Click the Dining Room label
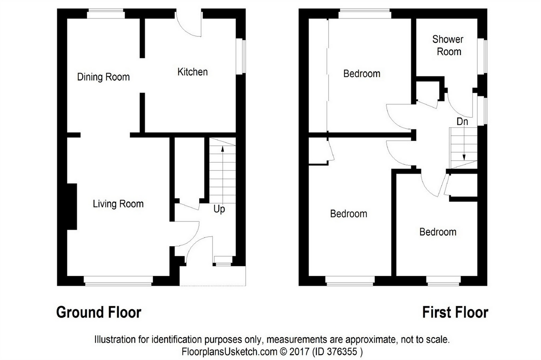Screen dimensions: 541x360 pos(103,77)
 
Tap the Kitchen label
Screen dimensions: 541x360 pos(192,72)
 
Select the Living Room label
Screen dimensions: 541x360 pos(118,204)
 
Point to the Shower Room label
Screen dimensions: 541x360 pos(448,46)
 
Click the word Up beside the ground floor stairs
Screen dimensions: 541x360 pos(219,209)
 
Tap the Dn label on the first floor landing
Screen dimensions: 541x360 pos(462,122)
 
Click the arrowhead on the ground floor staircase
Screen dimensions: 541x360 pos(222,149)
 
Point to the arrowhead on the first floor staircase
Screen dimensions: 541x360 pos(464,157)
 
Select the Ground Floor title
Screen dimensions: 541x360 pos(99,312)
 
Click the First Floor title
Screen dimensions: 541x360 pos(455,312)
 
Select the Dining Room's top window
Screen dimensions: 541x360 pos(106,14)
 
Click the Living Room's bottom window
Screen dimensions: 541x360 pos(118,281)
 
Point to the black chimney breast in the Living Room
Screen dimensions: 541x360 pos(72,207)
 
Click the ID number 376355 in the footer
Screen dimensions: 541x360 pos(342,352)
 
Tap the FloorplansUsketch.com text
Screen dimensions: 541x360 pos(230,352)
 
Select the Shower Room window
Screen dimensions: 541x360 pos(482,56)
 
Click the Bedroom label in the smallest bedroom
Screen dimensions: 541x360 pos(438,232)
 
